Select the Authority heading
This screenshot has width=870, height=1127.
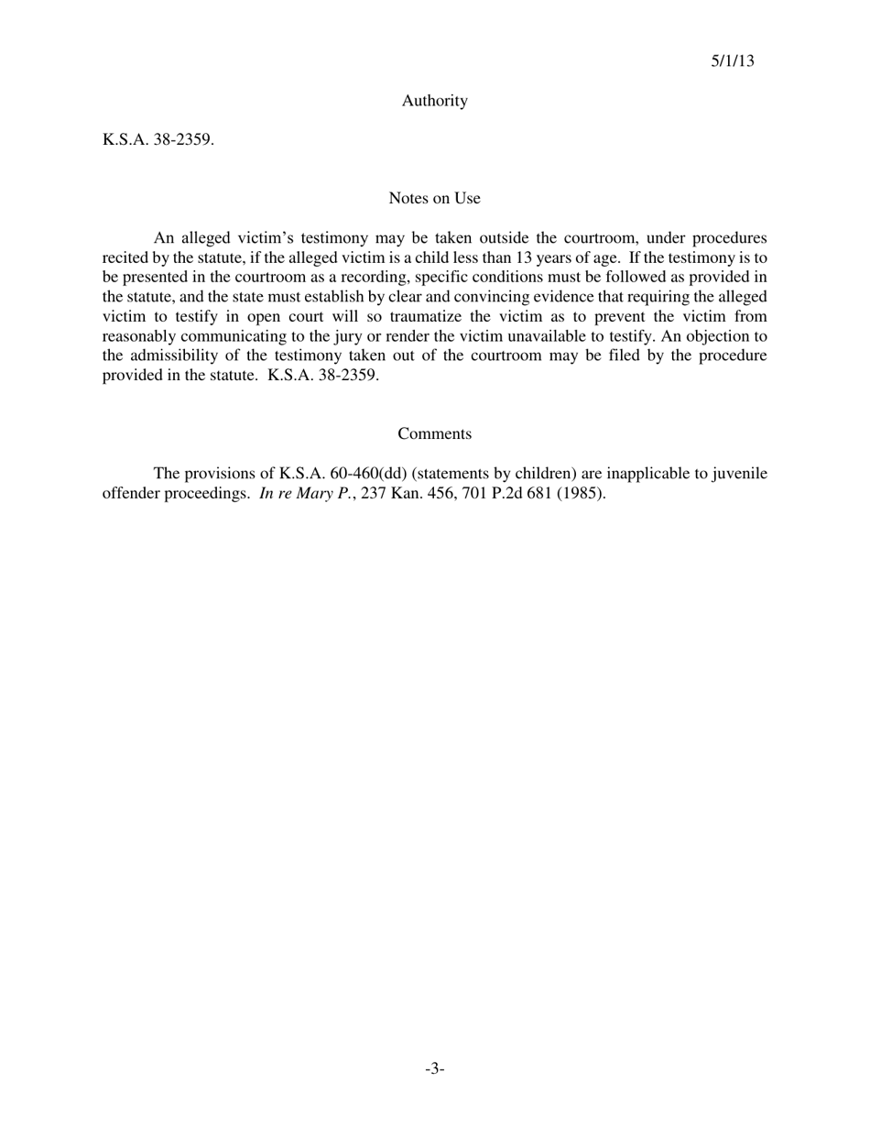[434, 101]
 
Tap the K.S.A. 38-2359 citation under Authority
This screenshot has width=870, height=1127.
[158, 140]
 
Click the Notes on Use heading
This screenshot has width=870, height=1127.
[434, 198]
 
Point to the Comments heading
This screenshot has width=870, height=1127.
[434, 433]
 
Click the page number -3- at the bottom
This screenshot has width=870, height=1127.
[434, 1068]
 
